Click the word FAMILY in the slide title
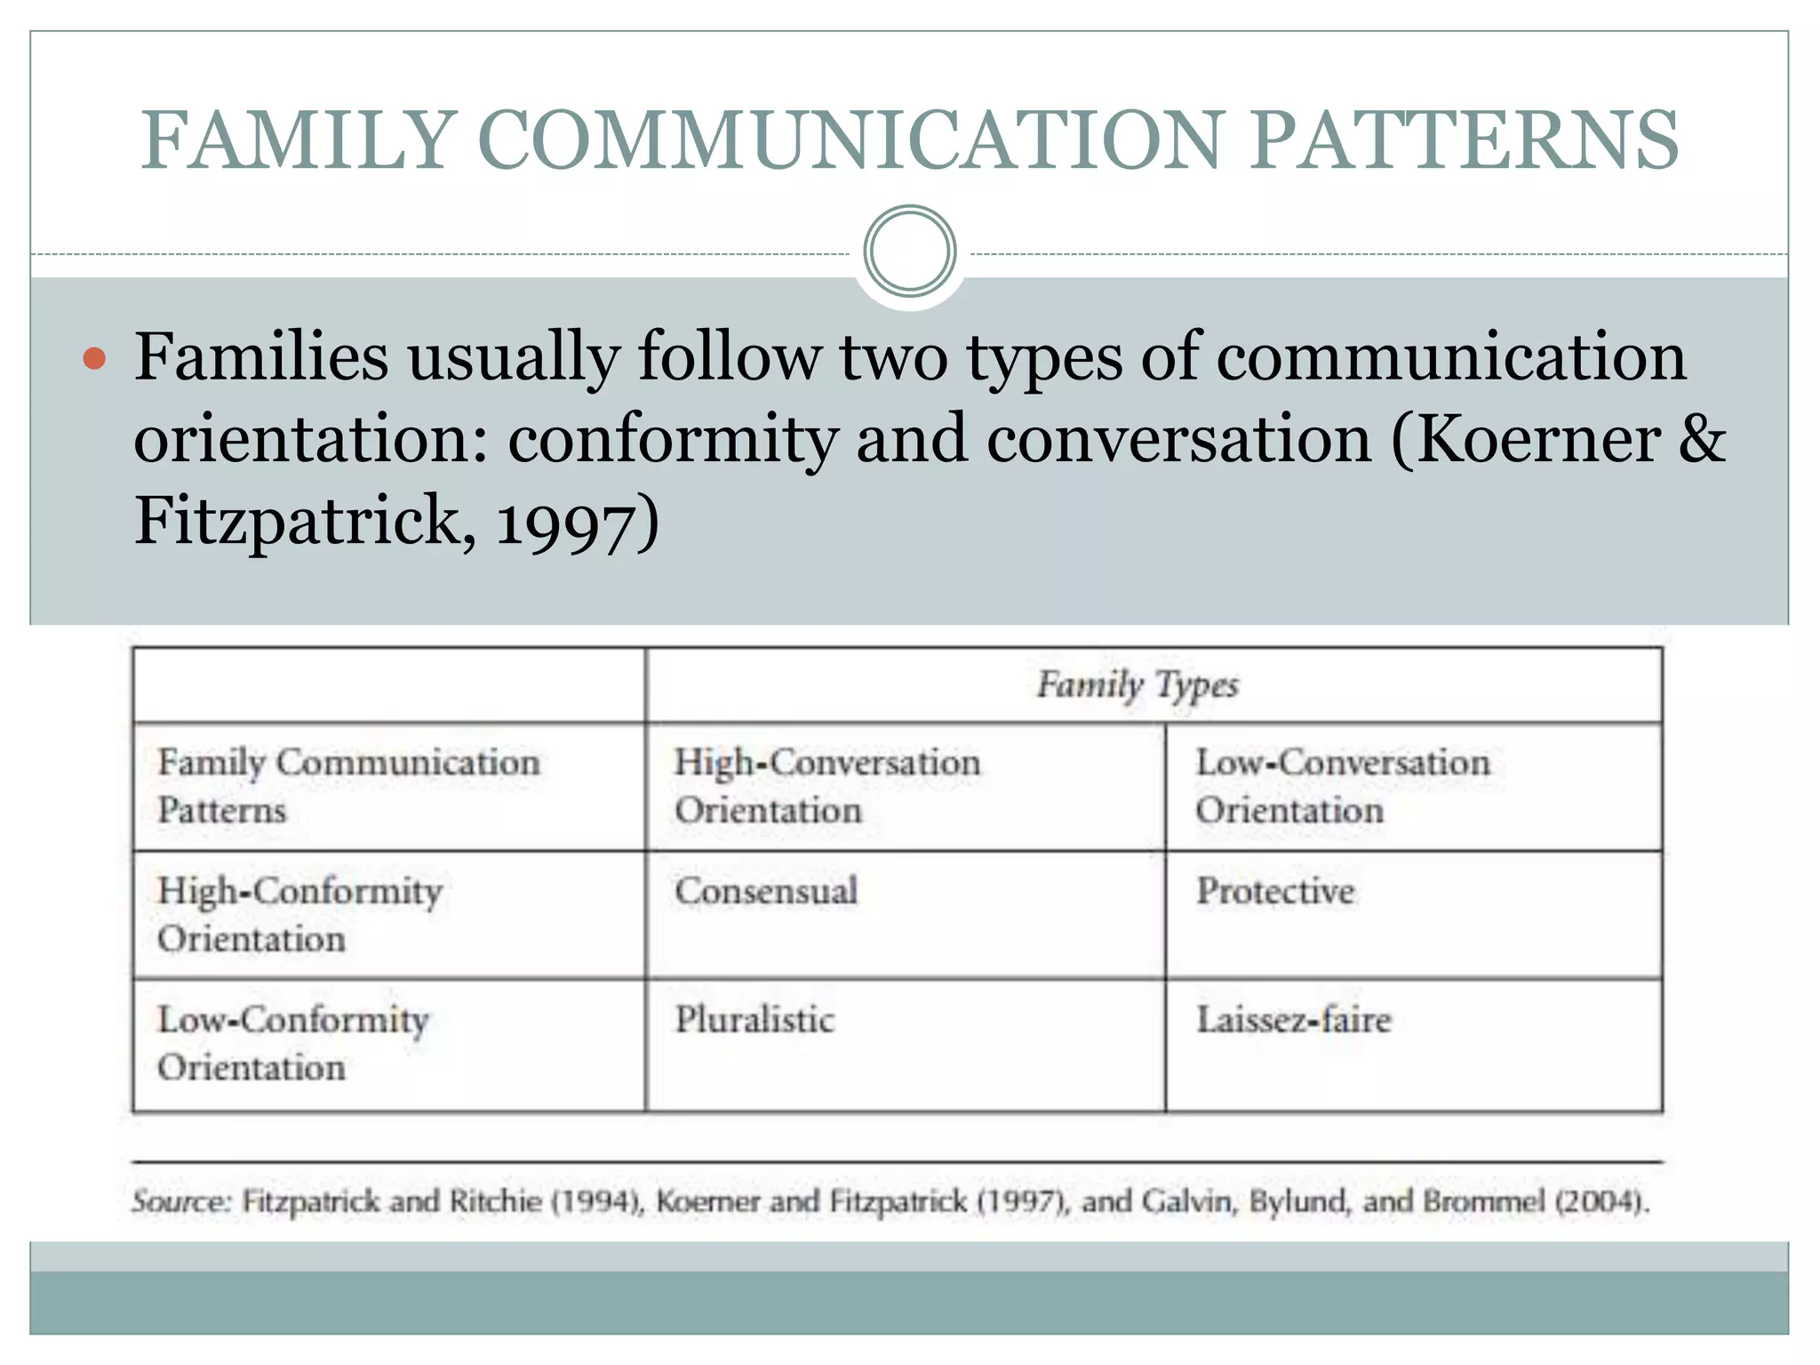click(x=299, y=140)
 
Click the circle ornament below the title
click(x=909, y=251)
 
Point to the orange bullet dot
click(x=93, y=360)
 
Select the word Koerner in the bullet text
click(x=1537, y=440)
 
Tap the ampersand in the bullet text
click(x=1702, y=440)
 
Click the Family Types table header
click(x=1137, y=685)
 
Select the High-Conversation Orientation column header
click(x=826, y=786)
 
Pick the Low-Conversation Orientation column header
click(x=1342, y=786)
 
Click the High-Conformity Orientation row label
click(x=299, y=914)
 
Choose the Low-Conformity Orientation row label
click(x=293, y=1043)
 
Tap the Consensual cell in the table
click(x=766, y=891)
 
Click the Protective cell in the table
click(x=1275, y=891)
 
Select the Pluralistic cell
click(x=754, y=1020)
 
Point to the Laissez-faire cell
click(x=1293, y=1020)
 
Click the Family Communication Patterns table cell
click(x=348, y=786)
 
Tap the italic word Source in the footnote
click(x=181, y=1201)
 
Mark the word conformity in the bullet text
click(x=673, y=440)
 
